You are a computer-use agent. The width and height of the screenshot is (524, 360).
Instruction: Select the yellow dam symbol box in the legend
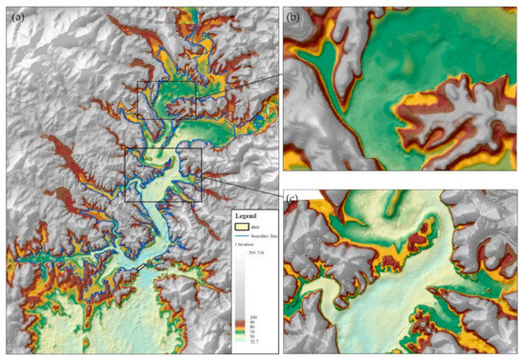coord(244,228)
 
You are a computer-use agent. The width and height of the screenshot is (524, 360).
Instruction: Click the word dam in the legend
coord(260,228)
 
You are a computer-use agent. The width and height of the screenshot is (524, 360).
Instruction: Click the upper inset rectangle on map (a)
coord(166,100)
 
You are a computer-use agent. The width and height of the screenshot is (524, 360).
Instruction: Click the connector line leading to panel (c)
coord(243,189)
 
